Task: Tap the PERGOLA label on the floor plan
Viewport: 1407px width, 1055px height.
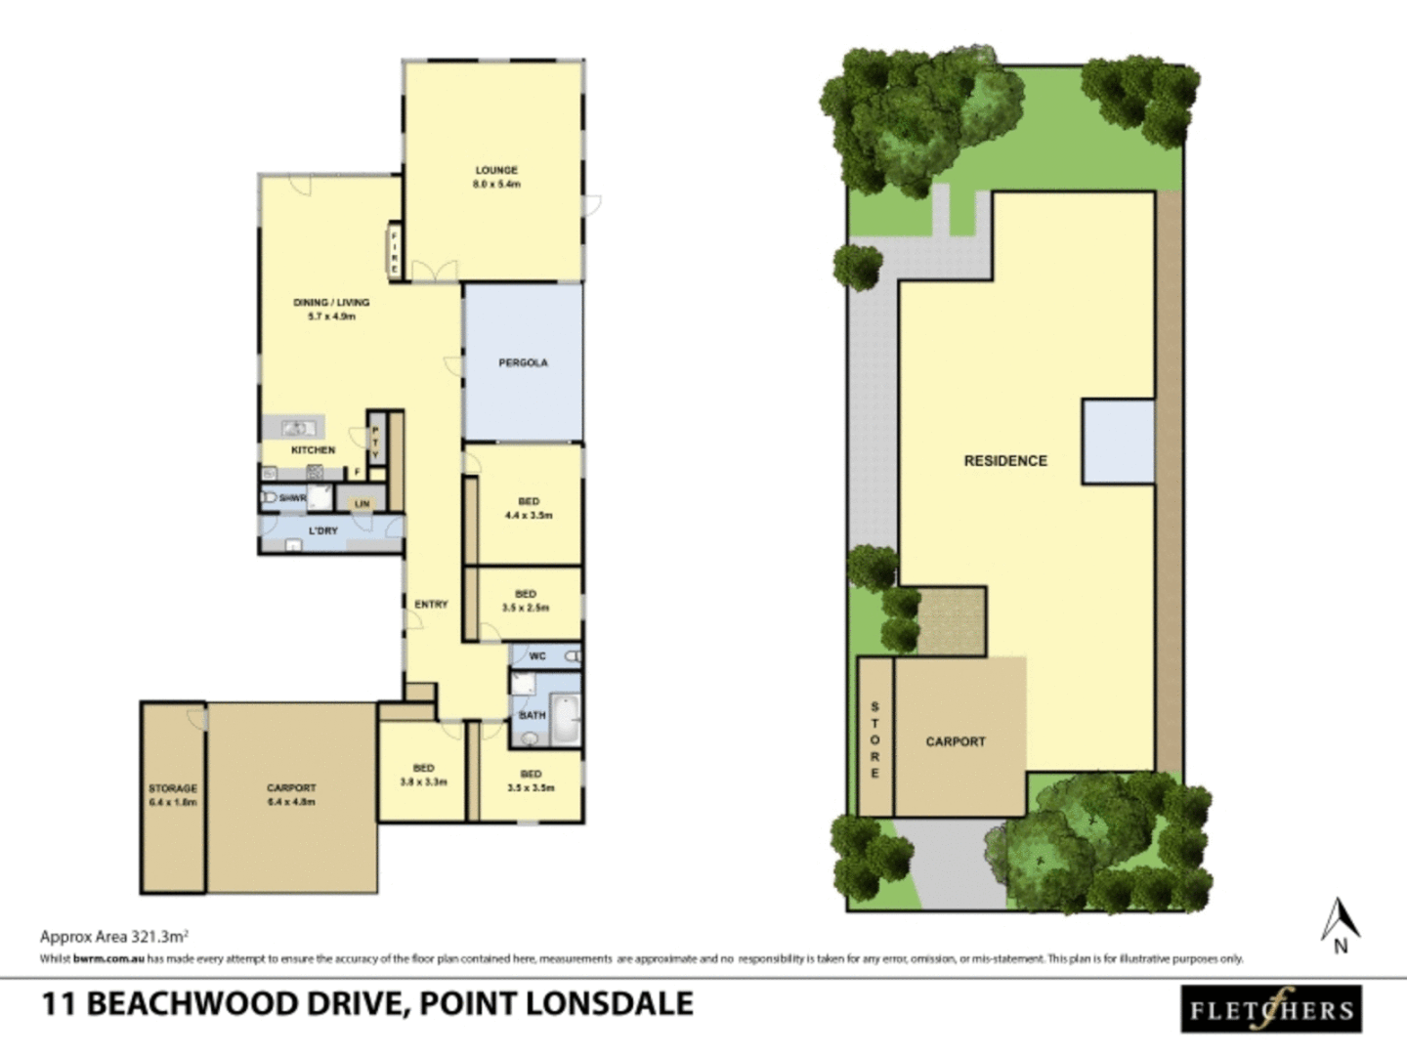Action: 523,362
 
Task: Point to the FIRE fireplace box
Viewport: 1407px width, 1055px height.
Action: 395,252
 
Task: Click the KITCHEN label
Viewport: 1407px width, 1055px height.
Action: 313,450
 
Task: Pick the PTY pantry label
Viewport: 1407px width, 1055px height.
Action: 374,442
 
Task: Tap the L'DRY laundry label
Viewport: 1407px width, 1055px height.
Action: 322,530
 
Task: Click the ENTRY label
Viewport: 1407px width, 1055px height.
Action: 431,605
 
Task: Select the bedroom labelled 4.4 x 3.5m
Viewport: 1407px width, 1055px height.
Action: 529,508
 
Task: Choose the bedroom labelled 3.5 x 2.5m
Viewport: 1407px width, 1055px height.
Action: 526,600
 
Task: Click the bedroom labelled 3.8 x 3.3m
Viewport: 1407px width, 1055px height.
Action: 423,775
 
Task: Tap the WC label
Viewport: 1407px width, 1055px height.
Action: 537,656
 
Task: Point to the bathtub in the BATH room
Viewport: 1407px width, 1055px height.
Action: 564,720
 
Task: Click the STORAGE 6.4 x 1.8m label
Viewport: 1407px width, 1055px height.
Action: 173,794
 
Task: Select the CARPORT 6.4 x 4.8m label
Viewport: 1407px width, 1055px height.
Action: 291,794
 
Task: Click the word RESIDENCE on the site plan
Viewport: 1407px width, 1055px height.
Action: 1005,461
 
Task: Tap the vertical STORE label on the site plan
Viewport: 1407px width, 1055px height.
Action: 874,739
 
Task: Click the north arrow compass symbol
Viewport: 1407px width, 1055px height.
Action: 1341,924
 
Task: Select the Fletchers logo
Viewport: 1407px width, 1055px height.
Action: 1271,1010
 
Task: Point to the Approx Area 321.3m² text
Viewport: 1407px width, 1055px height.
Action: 113,936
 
